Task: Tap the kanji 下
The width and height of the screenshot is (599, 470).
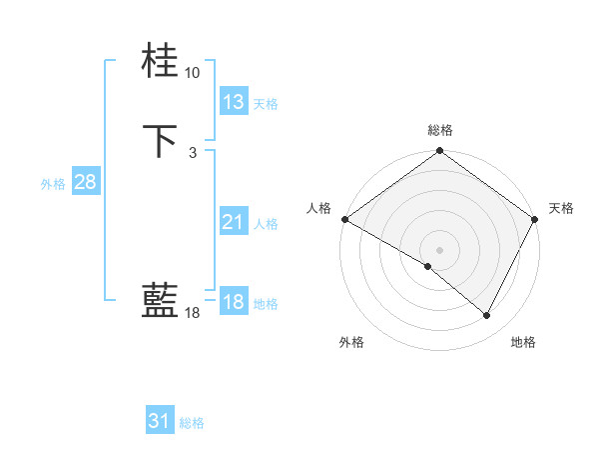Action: tap(160, 140)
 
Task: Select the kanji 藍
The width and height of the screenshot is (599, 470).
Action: tap(160, 299)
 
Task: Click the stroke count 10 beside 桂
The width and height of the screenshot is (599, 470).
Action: tap(192, 73)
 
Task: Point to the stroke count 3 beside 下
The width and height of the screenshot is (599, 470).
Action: tap(192, 153)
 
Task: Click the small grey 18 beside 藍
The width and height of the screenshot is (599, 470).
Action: tap(192, 313)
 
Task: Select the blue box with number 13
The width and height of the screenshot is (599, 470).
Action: tap(233, 102)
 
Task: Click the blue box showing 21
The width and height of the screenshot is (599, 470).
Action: tap(233, 222)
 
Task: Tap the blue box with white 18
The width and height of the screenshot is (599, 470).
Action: tap(233, 302)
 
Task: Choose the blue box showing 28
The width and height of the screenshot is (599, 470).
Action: tap(84, 182)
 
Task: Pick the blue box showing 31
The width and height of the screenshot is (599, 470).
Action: tap(159, 421)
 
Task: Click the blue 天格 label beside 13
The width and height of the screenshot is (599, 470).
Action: tap(266, 104)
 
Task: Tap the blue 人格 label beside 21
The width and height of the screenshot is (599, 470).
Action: tap(266, 224)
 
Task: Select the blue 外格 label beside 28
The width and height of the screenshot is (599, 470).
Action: tap(53, 184)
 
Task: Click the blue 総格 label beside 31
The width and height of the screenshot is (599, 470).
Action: tap(192, 423)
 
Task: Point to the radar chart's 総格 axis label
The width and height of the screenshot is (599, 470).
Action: tap(440, 130)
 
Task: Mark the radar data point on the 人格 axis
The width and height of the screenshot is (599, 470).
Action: tap(344, 219)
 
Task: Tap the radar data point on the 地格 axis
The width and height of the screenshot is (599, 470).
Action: tap(487, 316)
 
